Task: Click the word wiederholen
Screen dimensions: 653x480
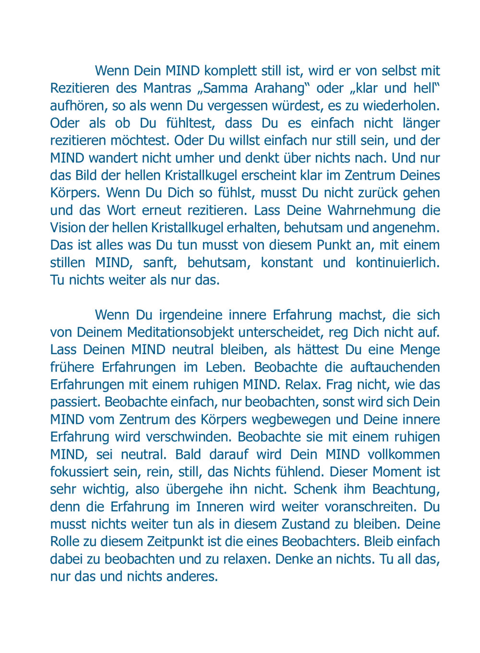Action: (x=401, y=106)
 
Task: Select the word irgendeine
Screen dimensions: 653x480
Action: (x=190, y=315)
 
